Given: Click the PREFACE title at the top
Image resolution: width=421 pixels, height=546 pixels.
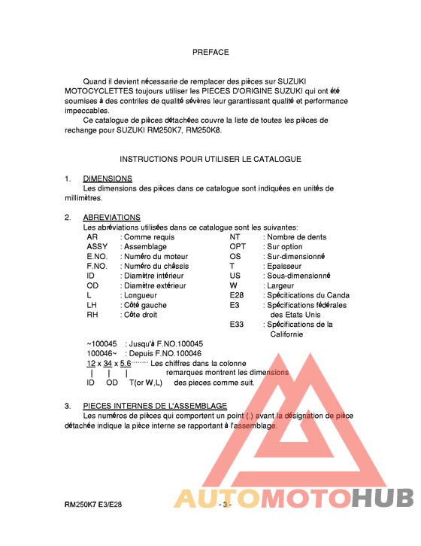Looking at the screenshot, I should pyautogui.click(x=210, y=53).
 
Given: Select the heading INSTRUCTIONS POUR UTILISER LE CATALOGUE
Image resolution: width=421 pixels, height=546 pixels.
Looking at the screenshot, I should pyautogui.click(x=210, y=159).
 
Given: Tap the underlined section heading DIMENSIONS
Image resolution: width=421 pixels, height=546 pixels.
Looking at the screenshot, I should pyautogui.click(x=108, y=178).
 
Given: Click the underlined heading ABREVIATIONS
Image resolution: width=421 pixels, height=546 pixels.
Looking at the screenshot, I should pyautogui.click(x=111, y=218).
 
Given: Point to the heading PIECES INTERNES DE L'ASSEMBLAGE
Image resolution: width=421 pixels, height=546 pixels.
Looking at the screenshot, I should pyautogui.click(x=155, y=406).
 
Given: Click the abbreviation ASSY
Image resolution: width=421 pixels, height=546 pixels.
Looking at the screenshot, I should pyautogui.click(x=97, y=246).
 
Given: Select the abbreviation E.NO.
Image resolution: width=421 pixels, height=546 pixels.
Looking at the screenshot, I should pyautogui.click(x=97, y=256).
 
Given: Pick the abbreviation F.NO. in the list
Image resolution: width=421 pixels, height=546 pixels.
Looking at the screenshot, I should pyautogui.click(x=97, y=266).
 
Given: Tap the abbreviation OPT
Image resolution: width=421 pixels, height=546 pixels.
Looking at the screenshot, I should pyautogui.click(x=238, y=246).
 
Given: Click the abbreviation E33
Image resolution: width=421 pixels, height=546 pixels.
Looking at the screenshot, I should pyautogui.click(x=237, y=325).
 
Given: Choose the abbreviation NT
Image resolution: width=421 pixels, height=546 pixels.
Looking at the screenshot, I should pyautogui.click(x=235, y=236).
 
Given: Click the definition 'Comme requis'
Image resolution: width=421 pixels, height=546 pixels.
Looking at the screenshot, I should pyautogui.click(x=149, y=236).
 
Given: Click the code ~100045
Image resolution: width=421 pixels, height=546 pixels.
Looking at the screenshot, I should pyautogui.click(x=102, y=343).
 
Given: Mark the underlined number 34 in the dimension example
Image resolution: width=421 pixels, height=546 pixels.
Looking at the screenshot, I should pyautogui.click(x=108, y=363).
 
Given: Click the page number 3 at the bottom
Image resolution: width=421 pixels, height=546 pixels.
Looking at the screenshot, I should pyautogui.click(x=224, y=505).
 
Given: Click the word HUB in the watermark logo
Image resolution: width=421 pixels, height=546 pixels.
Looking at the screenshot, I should pyautogui.click(x=383, y=499).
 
